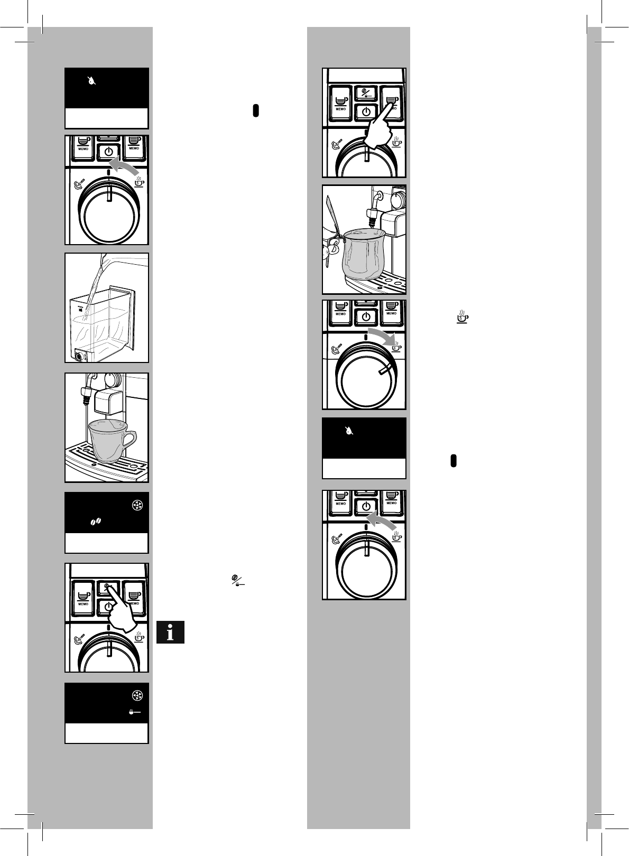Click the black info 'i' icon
[x=170, y=632]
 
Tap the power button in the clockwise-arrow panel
[x=365, y=317]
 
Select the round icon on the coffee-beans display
[x=136, y=506]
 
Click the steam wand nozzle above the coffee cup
[x=85, y=395]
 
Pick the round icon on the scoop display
[x=136, y=696]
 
